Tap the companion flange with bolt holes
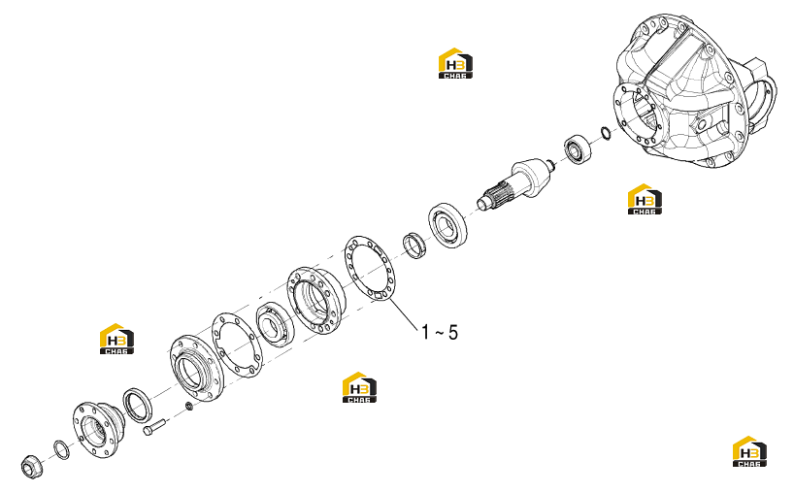point(99,429)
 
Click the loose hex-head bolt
point(154,426)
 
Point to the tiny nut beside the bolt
point(189,406)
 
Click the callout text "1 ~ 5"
point(440,333)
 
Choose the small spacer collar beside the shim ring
point(414,245)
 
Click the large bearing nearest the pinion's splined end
point(447,225)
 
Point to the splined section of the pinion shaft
point(499,194)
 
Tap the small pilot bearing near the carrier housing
point(578,148)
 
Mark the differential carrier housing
point(695,90)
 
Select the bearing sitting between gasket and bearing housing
point(275,324)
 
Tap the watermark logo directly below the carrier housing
point(645,199)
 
